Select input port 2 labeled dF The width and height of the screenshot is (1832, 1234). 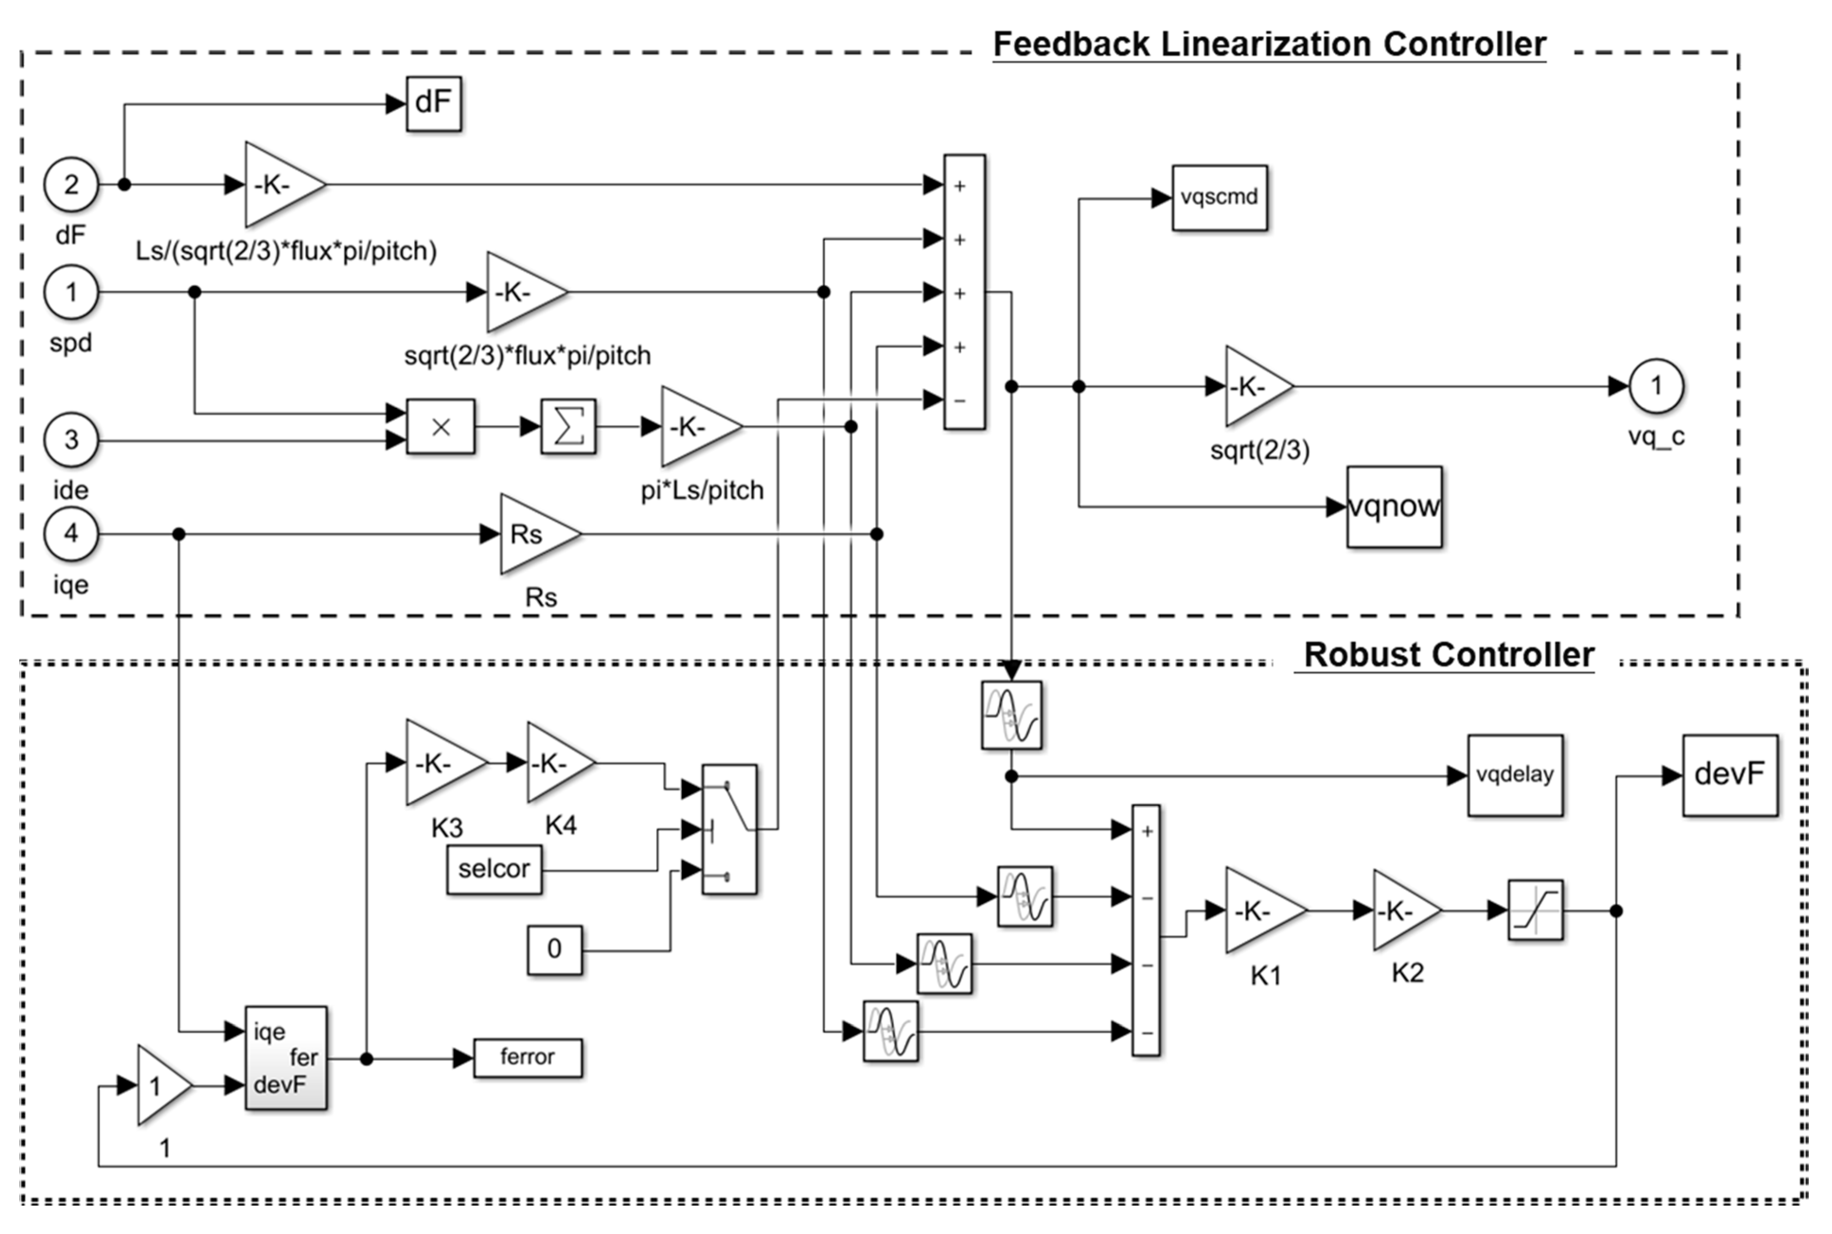point(71,185)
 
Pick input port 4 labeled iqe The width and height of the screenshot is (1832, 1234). point(71,534)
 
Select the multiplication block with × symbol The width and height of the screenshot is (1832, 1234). point(441,426)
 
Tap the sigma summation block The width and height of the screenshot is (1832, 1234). point(568,426)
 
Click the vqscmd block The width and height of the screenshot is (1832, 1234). point(1219,197)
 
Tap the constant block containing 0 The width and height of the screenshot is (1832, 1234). point(554,950)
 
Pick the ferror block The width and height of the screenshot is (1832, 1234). point(527,1058)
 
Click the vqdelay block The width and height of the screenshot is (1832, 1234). point(1514,775)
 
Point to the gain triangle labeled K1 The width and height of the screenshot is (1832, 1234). point(1259,910)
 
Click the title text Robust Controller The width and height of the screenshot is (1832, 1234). point(1448,655)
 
